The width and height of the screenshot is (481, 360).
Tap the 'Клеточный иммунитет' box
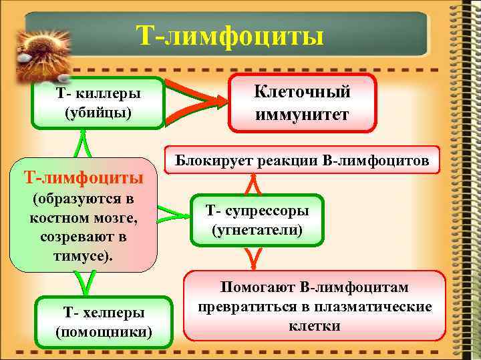[x=303, y=103]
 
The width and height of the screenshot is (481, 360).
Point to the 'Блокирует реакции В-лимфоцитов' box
[x=303, y=160]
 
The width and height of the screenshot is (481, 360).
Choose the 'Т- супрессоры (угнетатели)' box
[x=257, y=221]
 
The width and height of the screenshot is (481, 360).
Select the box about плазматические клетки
[x=315, y=306]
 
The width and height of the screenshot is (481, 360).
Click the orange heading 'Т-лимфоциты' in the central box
[x=84, y=177]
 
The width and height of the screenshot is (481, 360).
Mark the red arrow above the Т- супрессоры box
[x=253, y=183]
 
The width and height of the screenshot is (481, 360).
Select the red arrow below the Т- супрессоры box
[x=253, y=256]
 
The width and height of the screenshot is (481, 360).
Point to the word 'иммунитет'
[x=303, y=115]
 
